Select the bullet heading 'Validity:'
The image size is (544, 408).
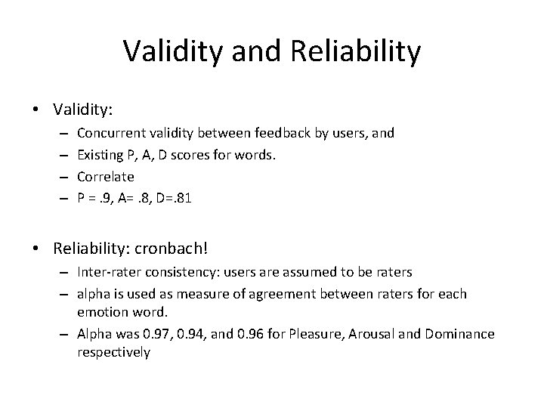83,110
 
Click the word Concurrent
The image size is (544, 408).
110,133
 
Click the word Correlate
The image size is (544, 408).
105,176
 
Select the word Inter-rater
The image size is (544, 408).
107,271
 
